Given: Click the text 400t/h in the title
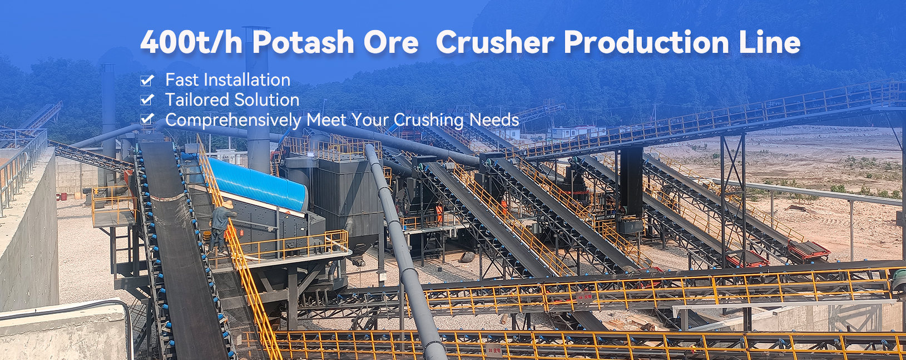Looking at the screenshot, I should [x=191, y=42].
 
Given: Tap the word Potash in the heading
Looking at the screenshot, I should [x=303, y=42].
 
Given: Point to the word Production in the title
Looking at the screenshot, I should [x=646, y=42].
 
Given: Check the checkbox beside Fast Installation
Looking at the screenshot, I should [x=147, y=81].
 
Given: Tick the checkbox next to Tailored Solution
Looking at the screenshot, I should [x=147, y=100].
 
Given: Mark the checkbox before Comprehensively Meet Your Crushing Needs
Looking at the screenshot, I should [x=147, y=119].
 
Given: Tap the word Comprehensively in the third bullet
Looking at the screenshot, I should [x=233, y=120].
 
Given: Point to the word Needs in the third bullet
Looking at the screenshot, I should [x=494, y=120].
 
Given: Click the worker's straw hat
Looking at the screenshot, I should [x=226, y=205].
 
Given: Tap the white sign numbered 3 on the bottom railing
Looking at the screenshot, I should [x=493, y=350].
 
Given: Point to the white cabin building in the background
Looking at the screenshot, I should [x=576, y=132].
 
